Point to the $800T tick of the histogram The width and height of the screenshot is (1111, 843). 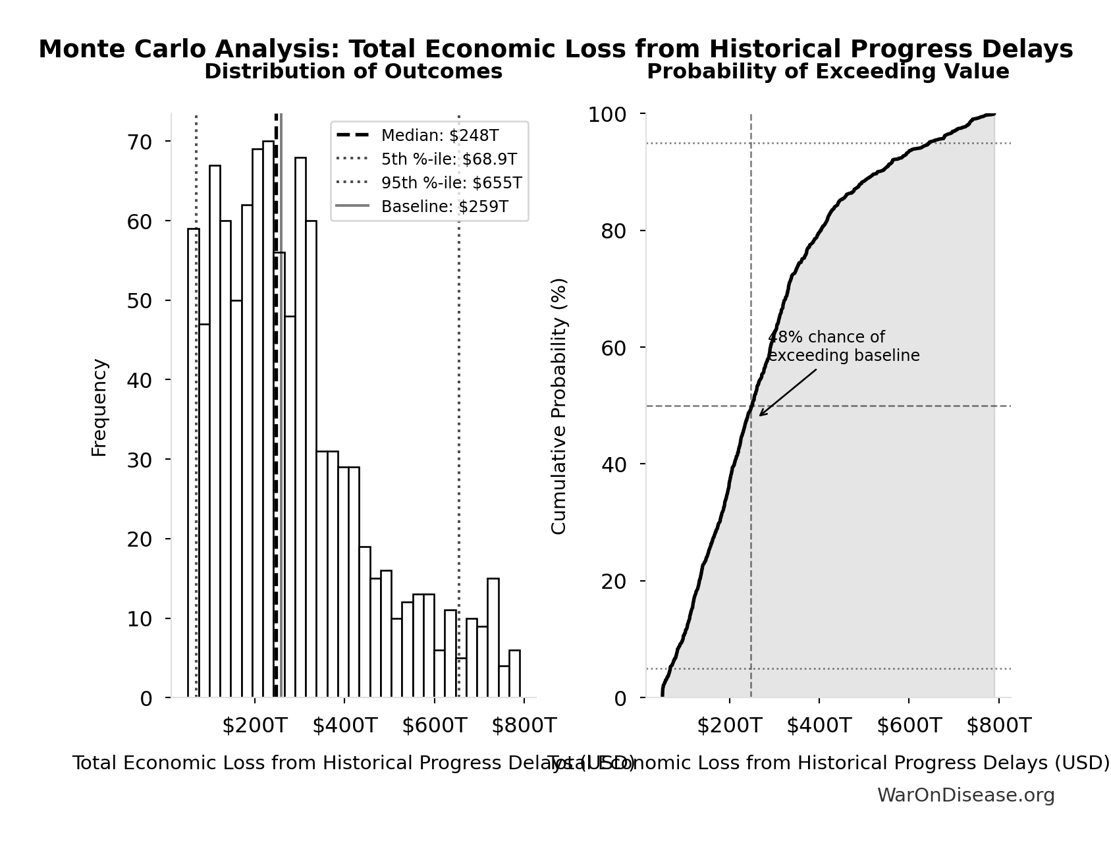[524, 726]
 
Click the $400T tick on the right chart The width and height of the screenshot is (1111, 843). [819, 726]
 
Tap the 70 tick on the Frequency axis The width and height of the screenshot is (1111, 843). [139, 142]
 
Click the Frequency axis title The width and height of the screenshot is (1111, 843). [99, 407]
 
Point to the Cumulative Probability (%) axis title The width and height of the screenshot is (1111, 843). [558, 406]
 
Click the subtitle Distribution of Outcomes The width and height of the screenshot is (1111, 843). [354, 72]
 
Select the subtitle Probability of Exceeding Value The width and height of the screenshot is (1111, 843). [828, 72]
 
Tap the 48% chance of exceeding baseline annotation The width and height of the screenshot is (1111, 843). [843, 346]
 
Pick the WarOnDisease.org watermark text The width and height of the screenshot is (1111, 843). [965, 796]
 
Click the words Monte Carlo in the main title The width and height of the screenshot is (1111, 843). [122, 49]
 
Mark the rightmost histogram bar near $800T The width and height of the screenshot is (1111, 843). [514, 674]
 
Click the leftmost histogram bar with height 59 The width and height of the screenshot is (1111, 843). [194, 462]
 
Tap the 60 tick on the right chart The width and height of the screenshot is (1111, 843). [613, 348]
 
